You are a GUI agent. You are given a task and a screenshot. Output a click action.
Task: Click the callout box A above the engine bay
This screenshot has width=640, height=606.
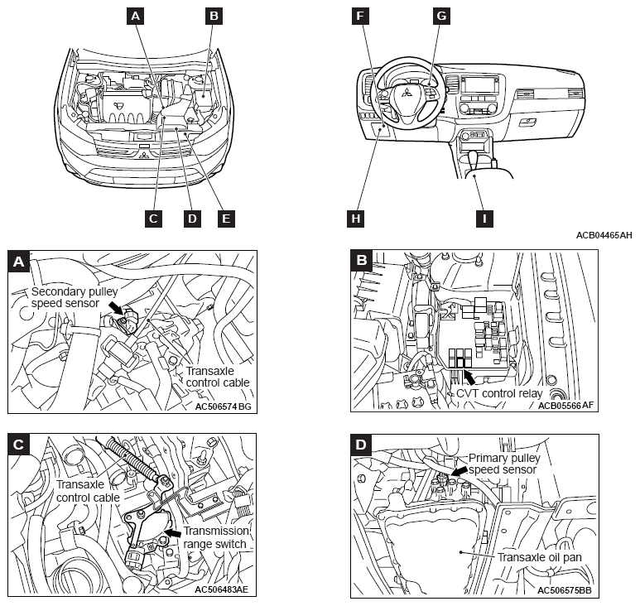pos(136,14)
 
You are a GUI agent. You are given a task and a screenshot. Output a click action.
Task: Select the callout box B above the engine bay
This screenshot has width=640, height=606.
pos(214,14)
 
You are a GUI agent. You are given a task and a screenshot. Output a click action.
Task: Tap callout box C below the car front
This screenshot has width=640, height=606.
pos(152,219)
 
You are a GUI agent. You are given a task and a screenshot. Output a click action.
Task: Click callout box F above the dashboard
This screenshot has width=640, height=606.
pos(358,15)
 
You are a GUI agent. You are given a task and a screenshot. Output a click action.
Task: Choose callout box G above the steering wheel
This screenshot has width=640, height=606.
pos(440,15)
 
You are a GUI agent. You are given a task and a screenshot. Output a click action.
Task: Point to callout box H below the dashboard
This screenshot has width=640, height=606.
pos(355,219)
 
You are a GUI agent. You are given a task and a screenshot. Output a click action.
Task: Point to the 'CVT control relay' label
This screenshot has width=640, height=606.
pos(499,394)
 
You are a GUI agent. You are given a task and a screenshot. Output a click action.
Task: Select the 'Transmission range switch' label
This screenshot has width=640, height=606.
pos(215,537)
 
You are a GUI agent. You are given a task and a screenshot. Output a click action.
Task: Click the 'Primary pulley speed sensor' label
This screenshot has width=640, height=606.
pos(504,464)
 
